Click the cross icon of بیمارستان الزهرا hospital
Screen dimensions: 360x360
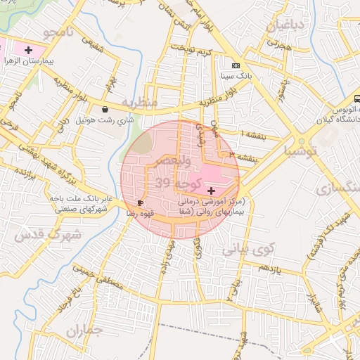pyautogui.click(x=28, y=50)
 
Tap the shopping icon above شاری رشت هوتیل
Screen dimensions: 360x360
pyautogui.click(x=105, y=109)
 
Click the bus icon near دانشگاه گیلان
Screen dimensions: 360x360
pyautogui.click(x=358, y=100)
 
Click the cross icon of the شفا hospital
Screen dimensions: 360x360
pyautogui.click(x=212, y=191)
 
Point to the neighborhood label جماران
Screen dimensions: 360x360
pyautogui.click(x=84, y=329)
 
